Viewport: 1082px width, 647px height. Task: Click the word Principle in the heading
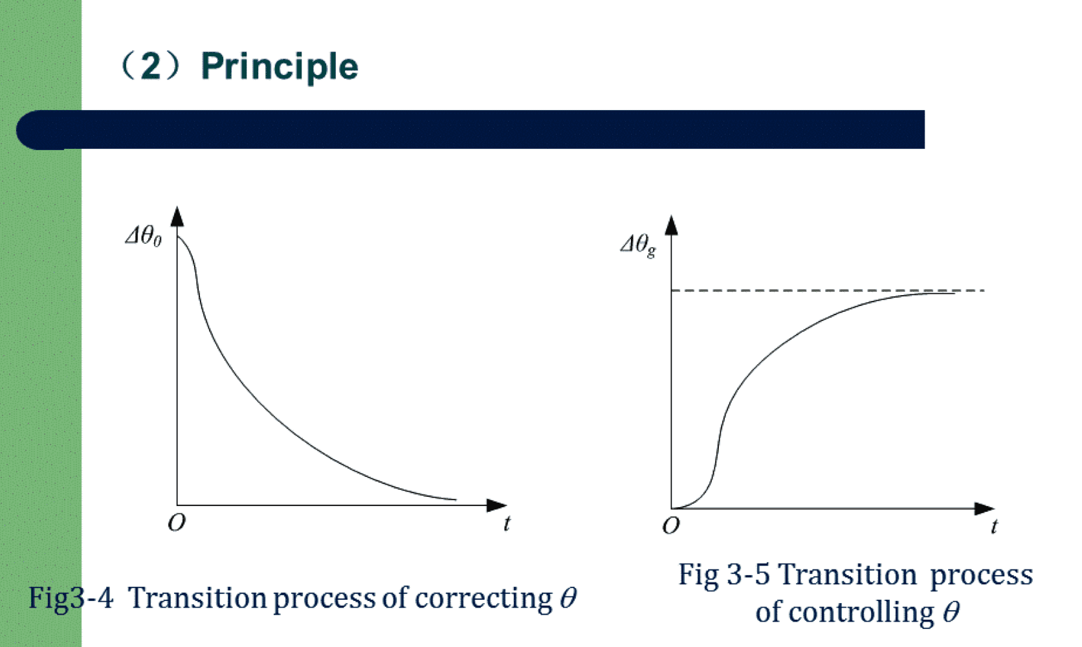pyautogui.click(x=280, y=67)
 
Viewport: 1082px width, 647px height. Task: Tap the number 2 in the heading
pyautogui.click(x=151, y=65)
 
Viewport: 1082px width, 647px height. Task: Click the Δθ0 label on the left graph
pyautogui.click(x=144, y=237)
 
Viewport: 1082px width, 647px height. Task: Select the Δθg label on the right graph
pyautogui.click(x=639, y=245)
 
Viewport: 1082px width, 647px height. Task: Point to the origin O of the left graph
pyautogui.click(x=176, y=522)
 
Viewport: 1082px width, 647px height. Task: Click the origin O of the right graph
pyautogui.click(x=671, y=525)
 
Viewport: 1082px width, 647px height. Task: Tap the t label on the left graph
pyautogui.click(x=507, y=523)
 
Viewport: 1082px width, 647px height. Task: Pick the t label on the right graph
pyautogui.click(x=993, y=526)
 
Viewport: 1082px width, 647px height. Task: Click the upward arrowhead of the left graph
pyautogui.click(x=177, y=216)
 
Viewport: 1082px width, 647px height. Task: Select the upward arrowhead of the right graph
pyautogui.click(x=672, y=225)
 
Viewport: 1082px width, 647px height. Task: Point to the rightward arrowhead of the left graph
pyautogui.click(x=497, y=505)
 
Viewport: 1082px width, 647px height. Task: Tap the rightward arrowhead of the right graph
pyautogui.click(x=984, y=509)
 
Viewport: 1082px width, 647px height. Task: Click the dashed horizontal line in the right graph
pyautogui.click(x=828, y=291)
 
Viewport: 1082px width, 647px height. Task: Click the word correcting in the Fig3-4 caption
pyautogui.click(x=483, y=599)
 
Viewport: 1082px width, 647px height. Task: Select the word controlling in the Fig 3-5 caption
pyautogui.click(x=845, y=613)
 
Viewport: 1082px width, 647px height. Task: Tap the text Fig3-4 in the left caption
pyautogui.click(x=71, y=598)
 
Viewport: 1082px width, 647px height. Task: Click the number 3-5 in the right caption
pyautogui.click(x=748, y=575)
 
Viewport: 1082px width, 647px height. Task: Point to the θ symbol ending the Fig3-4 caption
pyautogui.click(x=569, y=598)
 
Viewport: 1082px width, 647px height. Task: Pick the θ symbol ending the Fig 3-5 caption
pyautogui.click(x=951, y=612)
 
